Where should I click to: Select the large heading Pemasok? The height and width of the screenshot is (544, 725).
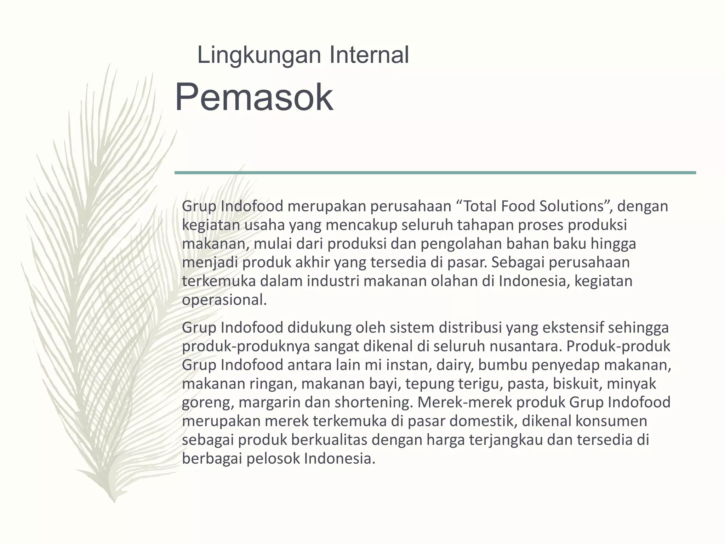coord(254,97)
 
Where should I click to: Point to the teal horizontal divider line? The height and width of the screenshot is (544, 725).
coord(435,173)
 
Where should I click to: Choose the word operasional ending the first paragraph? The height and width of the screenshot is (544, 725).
coord(224,300)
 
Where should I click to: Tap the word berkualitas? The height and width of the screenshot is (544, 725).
coord(329,440)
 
